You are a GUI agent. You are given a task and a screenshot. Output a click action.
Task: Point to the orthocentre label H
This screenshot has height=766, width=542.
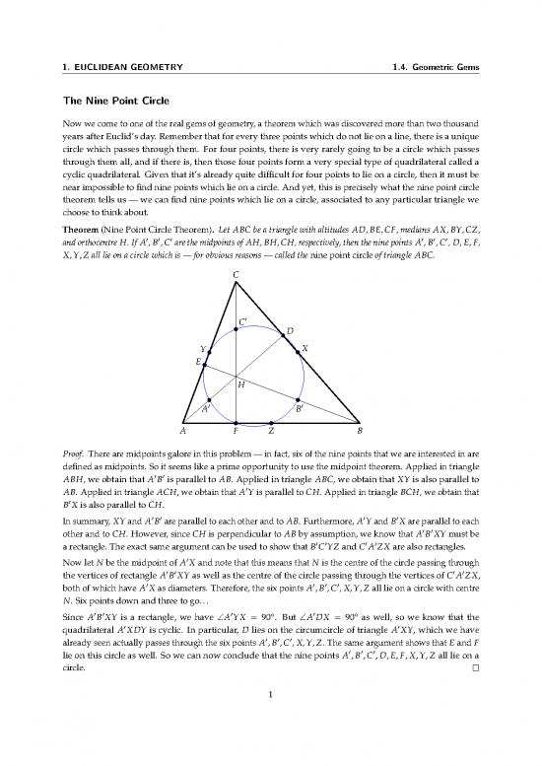[240, 385]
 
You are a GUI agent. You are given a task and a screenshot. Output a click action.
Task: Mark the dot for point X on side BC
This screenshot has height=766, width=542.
[298, 350]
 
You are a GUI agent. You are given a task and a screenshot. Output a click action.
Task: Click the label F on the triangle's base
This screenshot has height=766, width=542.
[236, 432]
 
